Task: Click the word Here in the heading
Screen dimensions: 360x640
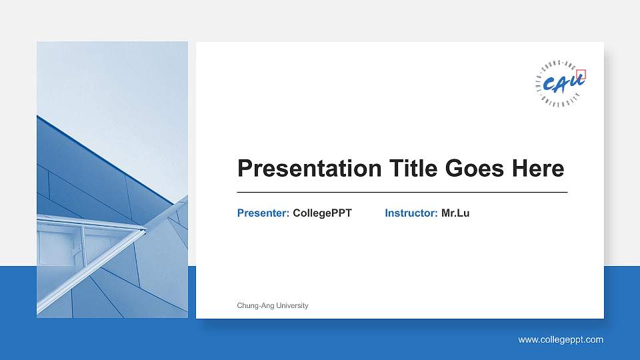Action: (x=538, y=169)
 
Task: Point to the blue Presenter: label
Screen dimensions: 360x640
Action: (x=263, y=213)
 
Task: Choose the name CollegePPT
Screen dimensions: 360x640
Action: (x=322, y=213)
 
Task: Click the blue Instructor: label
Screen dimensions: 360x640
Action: (x=411, y=213)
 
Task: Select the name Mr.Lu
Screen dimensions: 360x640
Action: (x=455, y=213)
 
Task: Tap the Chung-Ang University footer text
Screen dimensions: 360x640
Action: (x=273, y=305)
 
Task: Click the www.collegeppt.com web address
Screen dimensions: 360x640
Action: (x=561, y=340)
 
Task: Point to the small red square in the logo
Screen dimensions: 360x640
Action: (x=581, y=75)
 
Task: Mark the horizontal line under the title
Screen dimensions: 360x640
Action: (x=402, y=192)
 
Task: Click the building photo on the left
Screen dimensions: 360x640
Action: (x=112, y=179)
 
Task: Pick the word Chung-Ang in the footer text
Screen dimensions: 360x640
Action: (x=255, y=305)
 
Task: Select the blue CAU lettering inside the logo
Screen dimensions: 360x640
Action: (x=561, y=83)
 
